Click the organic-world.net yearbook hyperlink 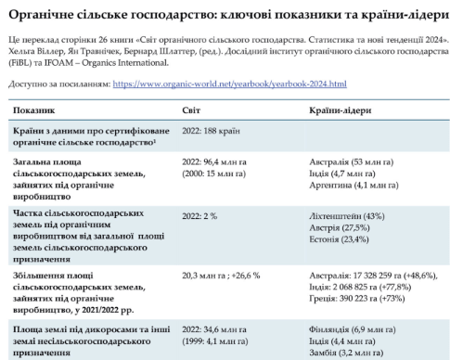click(228, 84)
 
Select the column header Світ click(191, 110)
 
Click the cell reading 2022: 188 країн click(212, 131)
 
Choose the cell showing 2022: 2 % click(199, 215)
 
